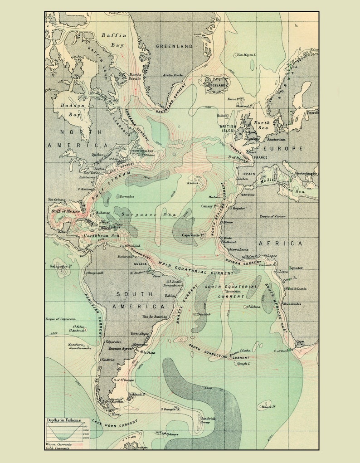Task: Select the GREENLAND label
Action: click(x=174, y=46)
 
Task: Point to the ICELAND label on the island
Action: click(x=216, y=85)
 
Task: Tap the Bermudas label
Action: click(x=126, y=196)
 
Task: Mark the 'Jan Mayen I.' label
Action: click(x=245, y=55)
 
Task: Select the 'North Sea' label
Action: click(x=261, y=126)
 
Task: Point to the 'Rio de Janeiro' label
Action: click(x=155, y=317)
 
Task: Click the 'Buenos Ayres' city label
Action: click(x=121, y=349)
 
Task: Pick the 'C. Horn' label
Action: click(x=113, y=413)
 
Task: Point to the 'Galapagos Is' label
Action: click(x=61, y=267)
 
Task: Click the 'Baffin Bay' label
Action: click(x=113, y=40)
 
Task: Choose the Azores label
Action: click(x=193, y=183)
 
